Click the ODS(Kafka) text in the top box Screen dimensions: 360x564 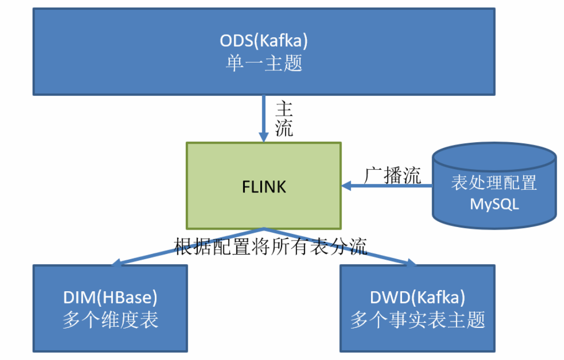264,40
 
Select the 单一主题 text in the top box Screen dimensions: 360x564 264,63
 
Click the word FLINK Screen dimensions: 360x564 264,186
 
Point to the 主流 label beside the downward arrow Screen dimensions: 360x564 284,119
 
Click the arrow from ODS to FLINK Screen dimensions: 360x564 264,116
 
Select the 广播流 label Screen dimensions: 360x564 392,175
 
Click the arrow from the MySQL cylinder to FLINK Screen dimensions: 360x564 388,186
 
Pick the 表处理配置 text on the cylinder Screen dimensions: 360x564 494,183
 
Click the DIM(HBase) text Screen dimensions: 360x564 110,297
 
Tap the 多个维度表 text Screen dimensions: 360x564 110,320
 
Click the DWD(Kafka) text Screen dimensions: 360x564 418,297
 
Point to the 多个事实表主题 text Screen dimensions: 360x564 418,320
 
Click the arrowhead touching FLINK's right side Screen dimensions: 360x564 346,186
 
